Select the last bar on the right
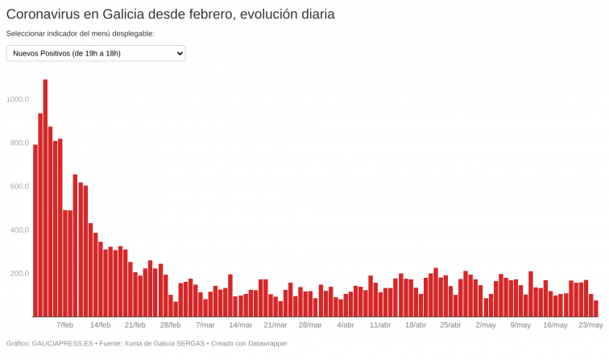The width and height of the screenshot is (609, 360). pos(596,308)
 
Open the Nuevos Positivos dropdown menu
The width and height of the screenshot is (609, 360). pos(96,53)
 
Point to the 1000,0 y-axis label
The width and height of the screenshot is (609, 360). pos(17,99)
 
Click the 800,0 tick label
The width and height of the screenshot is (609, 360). pos(19,143)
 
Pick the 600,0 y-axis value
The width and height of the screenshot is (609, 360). pos(19,186)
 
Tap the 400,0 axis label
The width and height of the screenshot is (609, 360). pos(19,230)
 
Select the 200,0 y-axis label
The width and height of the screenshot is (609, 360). pos(19,273)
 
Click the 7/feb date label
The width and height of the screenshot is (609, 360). pos(65,325)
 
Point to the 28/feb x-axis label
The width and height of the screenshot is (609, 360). pos(170,325)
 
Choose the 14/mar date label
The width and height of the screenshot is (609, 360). pos(240,325)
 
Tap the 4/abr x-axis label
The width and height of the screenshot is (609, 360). pos(345,325)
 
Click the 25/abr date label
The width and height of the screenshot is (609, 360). pos(450,325)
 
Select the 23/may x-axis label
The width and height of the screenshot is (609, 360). pos(590,325)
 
